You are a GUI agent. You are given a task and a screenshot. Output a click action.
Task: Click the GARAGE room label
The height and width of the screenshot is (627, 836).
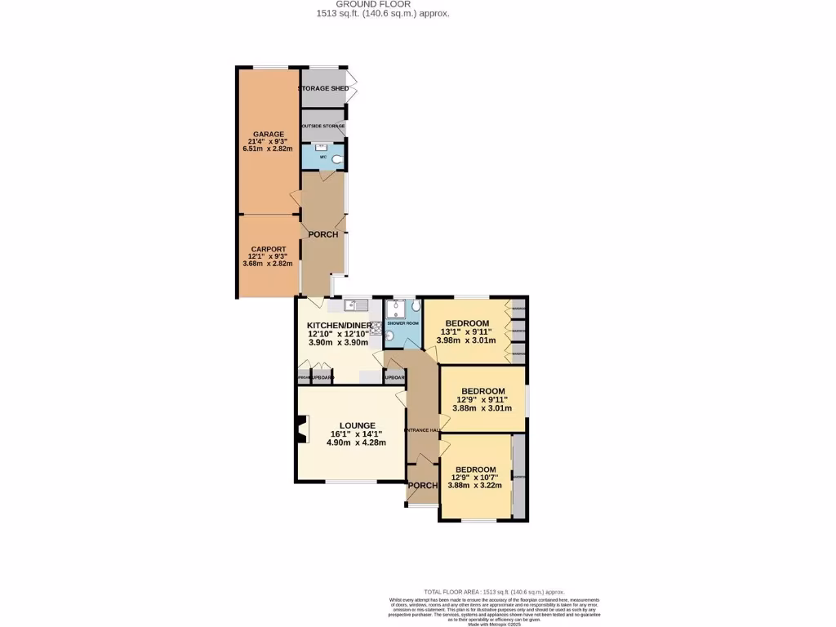pos(268,134)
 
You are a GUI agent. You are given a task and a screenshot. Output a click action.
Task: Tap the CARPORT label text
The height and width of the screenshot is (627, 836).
pos(268,248)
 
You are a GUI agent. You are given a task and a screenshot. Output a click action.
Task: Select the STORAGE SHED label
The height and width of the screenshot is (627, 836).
pos(323,88)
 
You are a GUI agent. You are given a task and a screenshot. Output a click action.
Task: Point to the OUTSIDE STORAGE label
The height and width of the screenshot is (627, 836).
pos(322,127)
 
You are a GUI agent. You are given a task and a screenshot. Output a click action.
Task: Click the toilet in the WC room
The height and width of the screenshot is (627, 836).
pos(337,161)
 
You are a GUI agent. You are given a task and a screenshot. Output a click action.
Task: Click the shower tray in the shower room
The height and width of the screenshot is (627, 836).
pos(397,309)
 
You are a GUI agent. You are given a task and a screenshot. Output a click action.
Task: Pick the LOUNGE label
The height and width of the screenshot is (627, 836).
pos(358,425)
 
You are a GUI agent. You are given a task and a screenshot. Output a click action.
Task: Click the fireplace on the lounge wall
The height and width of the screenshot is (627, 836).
pos(302,429)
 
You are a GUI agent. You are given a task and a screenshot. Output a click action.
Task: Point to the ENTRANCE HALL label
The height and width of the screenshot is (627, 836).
pos(422,430)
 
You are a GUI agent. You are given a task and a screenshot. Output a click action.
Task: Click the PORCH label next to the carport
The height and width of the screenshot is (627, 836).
pos(322,234)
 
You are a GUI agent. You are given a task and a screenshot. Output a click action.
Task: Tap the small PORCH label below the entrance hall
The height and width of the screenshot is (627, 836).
pos(422,486)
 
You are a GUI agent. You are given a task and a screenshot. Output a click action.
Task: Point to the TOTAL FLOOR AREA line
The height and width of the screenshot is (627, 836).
pos(493,592)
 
